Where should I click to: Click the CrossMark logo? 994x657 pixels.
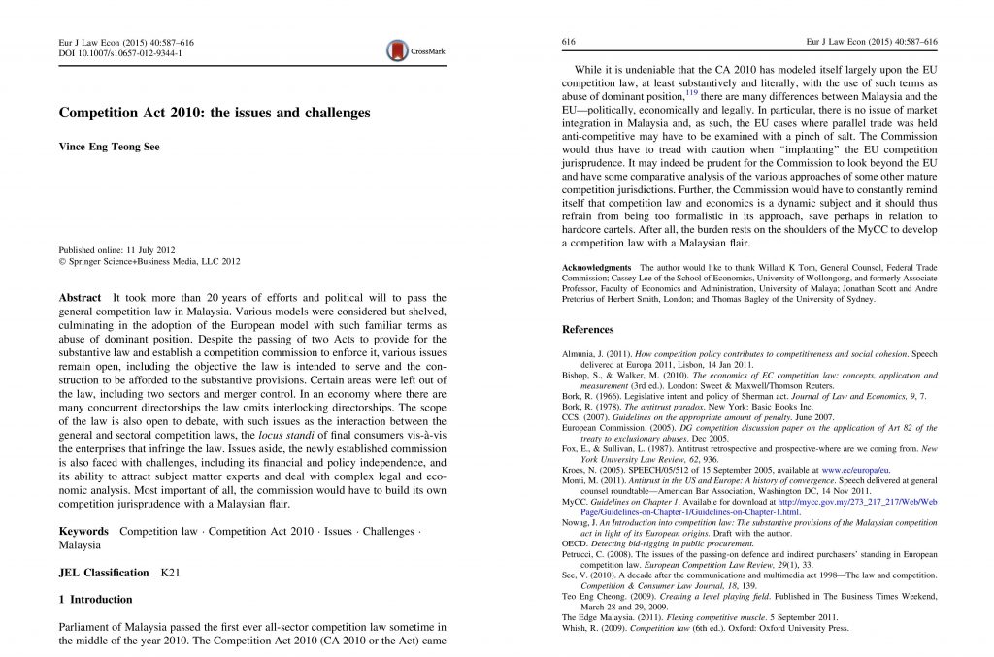408,49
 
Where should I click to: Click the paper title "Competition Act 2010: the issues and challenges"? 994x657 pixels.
215,114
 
